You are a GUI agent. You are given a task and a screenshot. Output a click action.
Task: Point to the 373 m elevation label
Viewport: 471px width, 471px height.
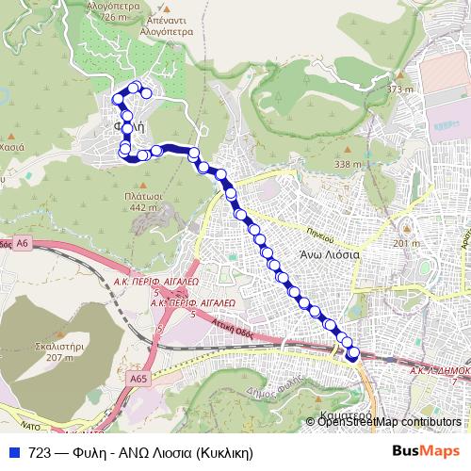click(399, 89)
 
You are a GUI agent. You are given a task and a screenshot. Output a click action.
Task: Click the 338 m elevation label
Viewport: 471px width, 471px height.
click(348, 164)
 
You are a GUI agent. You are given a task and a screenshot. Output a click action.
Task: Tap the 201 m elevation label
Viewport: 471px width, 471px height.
click(406, 243)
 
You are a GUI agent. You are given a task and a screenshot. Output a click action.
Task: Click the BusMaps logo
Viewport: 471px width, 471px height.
click(428, 452)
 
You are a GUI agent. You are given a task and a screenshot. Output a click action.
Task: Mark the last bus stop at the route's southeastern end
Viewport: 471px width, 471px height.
click(353, 353)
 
